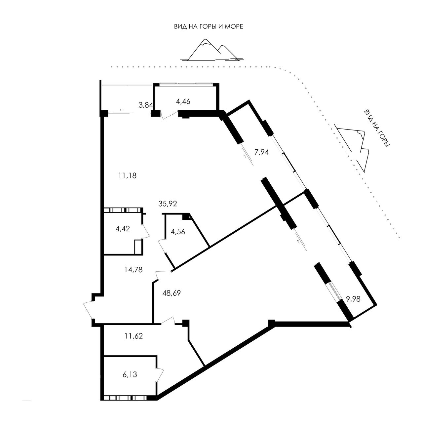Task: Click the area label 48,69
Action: pyautogui.click(x=172, y=293)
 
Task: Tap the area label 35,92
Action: pyautogui.click(x=168, y=204)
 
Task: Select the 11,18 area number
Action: pyautogui.click(x=127, y=175)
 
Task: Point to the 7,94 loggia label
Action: pyautogui.click(x=261, y=152)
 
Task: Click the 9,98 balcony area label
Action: pyautogui.click(x=353, y=299)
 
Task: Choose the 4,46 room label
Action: pyautogui.click(x=183, y=101)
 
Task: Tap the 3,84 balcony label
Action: pyautogui.click(x=146, y=105)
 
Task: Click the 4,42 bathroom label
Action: pyautogui.click(x=123, y=229)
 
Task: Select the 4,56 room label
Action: pyautogui.click(x=178, y=232)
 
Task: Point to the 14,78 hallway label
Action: pyautogui.click(x=134, y=270)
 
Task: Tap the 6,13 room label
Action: pyautogui.click(x=130, y=374)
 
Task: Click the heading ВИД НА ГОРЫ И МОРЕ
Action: pyautogui.click(x=209, y=27)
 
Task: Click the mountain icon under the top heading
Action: pyautogui.click(x=212, y=50)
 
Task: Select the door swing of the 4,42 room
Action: pyautogui.click(x=146, y=231)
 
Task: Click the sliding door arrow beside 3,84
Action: pyautogui.click(x=122, y=110)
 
